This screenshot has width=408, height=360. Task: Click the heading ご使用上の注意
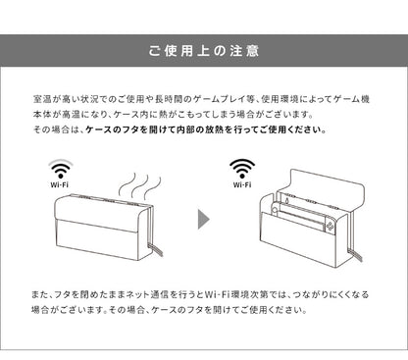(204, 49)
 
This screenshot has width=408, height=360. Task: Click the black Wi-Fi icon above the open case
(241, 168)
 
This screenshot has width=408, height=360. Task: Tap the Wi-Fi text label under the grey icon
(60, 182)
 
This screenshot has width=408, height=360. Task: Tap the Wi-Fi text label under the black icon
(241, 182)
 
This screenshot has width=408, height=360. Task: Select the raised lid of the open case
(324, 186)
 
